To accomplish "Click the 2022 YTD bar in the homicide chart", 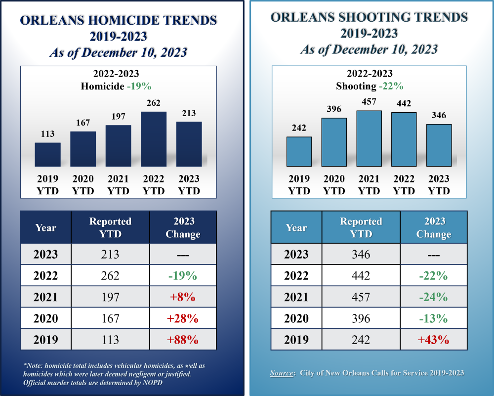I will click(154, 139).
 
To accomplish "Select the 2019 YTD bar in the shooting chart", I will click(299, 151).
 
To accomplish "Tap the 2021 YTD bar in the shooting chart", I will click(369, 138).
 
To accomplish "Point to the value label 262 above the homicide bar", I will click(154, 103).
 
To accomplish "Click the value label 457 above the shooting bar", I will click(369, 102).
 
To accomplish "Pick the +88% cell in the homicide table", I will click(183, 340).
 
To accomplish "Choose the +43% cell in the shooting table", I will click(433, 340).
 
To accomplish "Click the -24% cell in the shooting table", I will click(433, 297).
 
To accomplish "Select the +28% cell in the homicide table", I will click(183, 318).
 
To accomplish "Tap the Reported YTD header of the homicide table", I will click(110, 227).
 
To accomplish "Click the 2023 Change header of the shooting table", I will click(433, 227).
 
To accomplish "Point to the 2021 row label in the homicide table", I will click(45, 297).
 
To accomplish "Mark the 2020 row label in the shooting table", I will click(296, 318).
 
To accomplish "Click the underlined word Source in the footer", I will click(282, 373).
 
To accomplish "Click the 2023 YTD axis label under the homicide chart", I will click(189, 184).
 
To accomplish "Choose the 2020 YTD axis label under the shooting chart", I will click(334, 184).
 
